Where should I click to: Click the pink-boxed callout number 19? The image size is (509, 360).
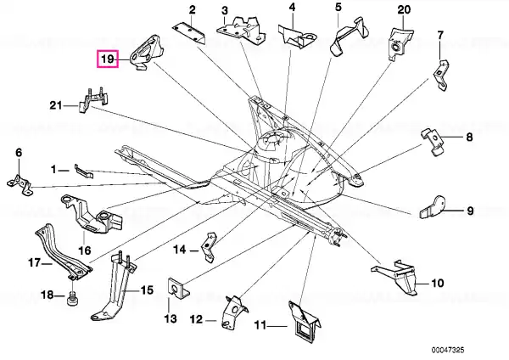click(x=108, y=59)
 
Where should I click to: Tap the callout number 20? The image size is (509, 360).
click(x=404, y=9)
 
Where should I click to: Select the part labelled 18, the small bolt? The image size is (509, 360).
click(x=72, y=298)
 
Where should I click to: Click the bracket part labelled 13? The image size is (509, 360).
click(x=177, y=288)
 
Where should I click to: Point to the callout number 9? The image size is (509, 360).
click(x=470, y=211)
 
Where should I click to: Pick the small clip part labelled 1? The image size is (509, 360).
click(x=84, y=171)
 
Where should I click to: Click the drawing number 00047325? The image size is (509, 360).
click(x=448, y=350)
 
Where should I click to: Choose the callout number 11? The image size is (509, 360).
click(x=260, y=325)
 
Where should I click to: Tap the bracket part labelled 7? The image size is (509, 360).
click(x=441, y=75)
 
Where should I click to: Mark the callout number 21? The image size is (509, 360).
click(x=55, y=105)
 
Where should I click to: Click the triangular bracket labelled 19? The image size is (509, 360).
click(x=145, y=52)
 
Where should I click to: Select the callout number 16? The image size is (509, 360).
click(x=84, y=250)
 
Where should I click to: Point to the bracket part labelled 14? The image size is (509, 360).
click(x=209, y=246)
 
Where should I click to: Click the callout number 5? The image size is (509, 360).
click(x=338, y=7)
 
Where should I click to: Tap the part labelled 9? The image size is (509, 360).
click(x=433, y=207)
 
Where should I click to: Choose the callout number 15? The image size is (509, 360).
click(x=147, y=290)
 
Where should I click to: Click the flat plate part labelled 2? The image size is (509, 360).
click(x=189, y=32)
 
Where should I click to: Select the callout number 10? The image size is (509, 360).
click(x=437, y=283)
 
